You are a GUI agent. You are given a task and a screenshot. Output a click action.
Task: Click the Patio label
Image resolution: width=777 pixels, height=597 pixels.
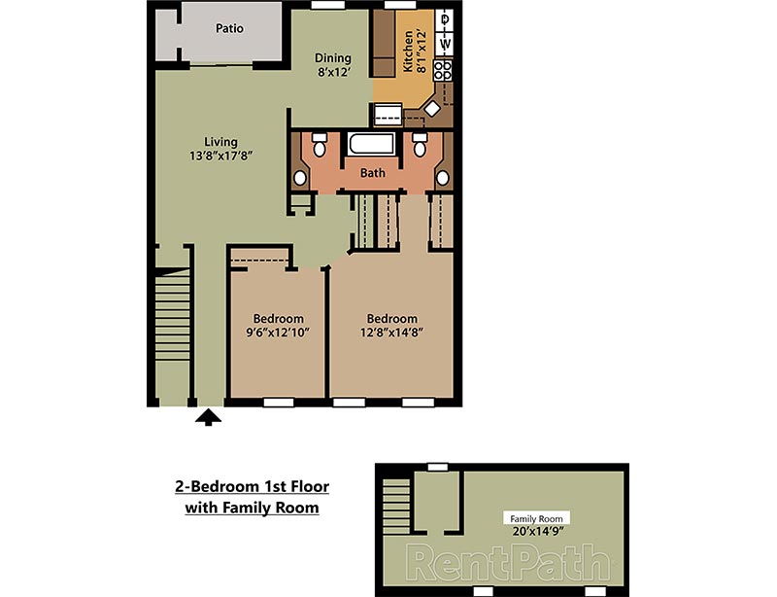click(229, 28)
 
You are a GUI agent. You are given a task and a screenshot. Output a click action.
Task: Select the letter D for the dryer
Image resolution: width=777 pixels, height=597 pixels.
click(446, 19)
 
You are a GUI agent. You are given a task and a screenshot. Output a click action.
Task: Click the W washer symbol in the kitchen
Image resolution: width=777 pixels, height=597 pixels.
click(446, 44)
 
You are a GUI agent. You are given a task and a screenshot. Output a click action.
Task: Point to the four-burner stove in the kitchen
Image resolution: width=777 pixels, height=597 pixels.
click(445, 70)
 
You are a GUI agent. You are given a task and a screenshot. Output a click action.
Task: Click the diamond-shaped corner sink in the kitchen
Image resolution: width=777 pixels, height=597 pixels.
click(432, 110)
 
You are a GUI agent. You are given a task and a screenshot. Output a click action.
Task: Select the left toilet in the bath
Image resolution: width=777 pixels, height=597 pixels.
click(319, 148)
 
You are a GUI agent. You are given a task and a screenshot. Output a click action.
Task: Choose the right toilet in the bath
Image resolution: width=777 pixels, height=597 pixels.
click(420, 148)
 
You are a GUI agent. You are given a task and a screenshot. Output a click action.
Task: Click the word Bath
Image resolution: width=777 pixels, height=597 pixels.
click(373, 173)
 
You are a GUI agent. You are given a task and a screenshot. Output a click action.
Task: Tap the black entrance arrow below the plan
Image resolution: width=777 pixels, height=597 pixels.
click(208, 417)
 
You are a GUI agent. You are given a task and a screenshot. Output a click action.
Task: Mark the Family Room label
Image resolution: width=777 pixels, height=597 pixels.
click(536, 518)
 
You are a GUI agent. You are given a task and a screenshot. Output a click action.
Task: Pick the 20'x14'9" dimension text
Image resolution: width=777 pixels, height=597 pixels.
click(536, 531)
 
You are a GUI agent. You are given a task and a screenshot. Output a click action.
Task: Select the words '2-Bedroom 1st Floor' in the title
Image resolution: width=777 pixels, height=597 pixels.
click(252, 487)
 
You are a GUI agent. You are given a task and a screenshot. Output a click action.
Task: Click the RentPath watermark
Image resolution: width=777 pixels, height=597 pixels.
click(507, 561)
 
